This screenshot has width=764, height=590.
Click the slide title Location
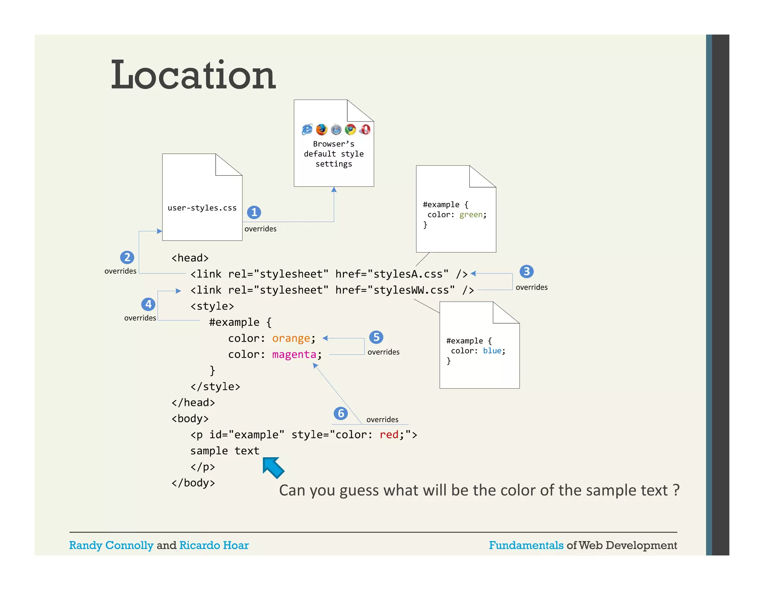(193, 75)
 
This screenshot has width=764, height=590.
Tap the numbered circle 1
(254, 212)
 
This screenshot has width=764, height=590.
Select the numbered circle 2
(127, 257)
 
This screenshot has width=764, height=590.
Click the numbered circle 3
(526, 272)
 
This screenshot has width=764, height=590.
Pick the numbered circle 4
(148, 304)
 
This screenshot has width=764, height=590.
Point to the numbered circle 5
(376, 337)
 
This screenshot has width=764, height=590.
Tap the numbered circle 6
(341, 413)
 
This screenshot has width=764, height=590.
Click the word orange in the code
(291, 338)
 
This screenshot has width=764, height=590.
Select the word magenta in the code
(294, 354)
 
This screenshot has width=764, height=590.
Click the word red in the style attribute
(389, 435)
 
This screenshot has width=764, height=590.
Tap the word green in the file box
(471, 215)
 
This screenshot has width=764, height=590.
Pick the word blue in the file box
(492, 351)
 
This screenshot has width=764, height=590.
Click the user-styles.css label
(202, 208)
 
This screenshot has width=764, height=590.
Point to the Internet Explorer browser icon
(307, 129)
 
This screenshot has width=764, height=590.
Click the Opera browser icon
(365, 129)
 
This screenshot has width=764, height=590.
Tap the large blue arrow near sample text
(273, 467)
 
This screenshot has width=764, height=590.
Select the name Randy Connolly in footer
(111, 545)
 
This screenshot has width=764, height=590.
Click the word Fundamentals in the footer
(526, 545)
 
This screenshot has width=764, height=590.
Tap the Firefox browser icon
(322, 129)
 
